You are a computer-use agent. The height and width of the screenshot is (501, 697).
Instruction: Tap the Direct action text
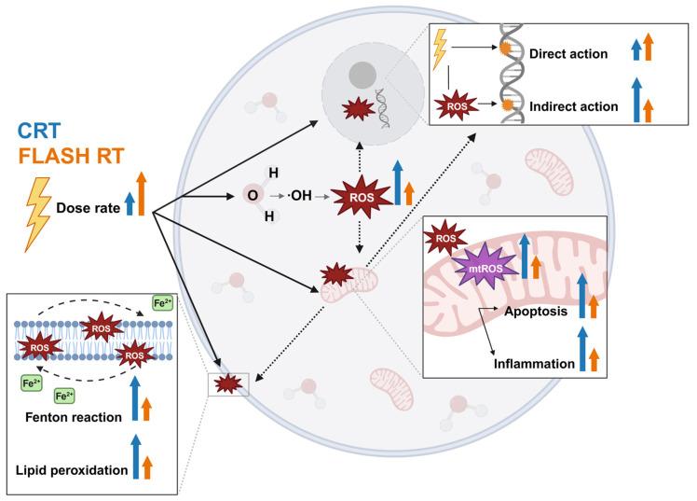click(568, 54)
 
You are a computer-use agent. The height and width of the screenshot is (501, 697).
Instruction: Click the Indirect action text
click(573, 106)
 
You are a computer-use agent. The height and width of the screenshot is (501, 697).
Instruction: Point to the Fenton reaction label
click(74, 416)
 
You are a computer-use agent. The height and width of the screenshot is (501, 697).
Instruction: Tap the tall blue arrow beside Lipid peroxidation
click(138, 456)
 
